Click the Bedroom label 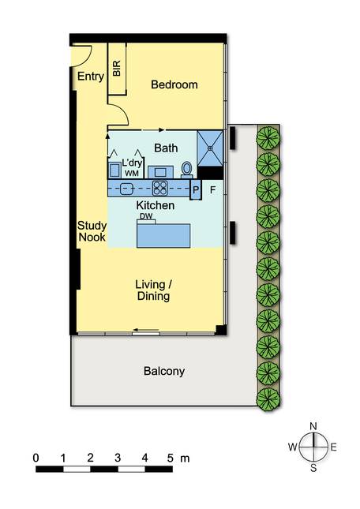[x=174, y=84]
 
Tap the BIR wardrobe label [x=117, y=68]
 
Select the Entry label [x=91, y=77]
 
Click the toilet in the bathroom [x=186, y=170]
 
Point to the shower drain [x=210, y=148]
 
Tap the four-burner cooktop [x=160, y=189]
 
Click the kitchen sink [x=126, y=189]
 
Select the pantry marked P [x=196, y=189]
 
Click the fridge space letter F [x=212, y=190]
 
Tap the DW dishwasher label [x=146, y=216]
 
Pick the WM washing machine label [x=132, y=174]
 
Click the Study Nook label [x=92, y=231]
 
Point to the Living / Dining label [x=153, y=290]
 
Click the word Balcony [x=164, y=371]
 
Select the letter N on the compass [x=313, y=426]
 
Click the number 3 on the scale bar [x=118, y=458]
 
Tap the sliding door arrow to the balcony [x=146, y=331]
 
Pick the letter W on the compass [x=292, y=447]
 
